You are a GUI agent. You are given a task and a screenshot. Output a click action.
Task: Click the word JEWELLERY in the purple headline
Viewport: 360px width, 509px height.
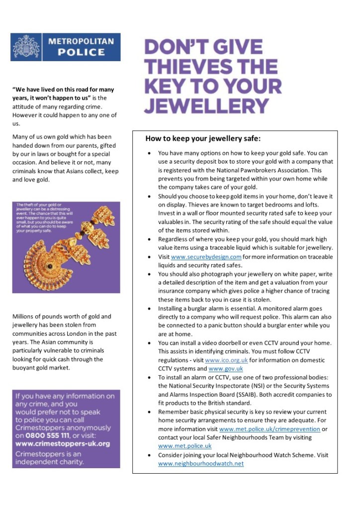coord(206,105)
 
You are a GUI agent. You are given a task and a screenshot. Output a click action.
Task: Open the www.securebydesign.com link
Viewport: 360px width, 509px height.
coord(206,257)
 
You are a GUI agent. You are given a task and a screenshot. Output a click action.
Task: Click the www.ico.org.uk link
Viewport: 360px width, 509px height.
coord(226,360)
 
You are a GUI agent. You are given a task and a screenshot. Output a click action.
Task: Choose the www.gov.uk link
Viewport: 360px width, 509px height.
coord(226,369)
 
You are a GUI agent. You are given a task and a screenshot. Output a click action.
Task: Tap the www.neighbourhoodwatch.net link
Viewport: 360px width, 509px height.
coord(201,463)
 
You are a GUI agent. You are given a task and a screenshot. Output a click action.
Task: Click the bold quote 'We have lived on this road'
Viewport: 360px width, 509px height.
coord(63,90)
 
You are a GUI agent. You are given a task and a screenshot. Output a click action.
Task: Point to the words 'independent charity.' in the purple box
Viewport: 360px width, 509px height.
coord(48,462)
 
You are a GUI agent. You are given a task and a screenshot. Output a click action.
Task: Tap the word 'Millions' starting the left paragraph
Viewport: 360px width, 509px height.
coord(23,316)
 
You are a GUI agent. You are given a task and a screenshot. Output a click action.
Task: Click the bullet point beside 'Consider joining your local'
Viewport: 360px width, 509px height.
coord(150,455)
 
